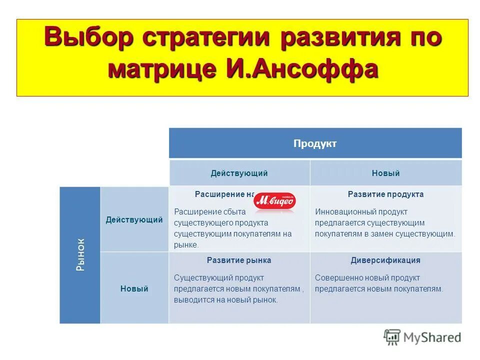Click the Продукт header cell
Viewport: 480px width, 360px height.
(315, 144)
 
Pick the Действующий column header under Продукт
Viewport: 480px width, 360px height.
(239, 173)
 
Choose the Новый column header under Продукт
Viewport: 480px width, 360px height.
(385, 173)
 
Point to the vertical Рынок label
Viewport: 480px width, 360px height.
(80, 254)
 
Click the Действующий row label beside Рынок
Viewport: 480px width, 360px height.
(134, 220)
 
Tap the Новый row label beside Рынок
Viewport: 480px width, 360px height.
(134, 289)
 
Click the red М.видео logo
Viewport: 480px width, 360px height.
(275, 201)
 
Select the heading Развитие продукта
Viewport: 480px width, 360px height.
(385, 194)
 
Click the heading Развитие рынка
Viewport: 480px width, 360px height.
(239, 260)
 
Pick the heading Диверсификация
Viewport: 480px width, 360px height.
(385, 260)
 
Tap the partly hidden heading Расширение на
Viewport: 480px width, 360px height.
(224, 194)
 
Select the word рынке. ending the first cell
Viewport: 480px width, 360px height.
(186, 245)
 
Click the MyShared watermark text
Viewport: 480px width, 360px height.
(432, 337)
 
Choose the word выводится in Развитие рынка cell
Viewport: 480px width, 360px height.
(192, 300)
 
